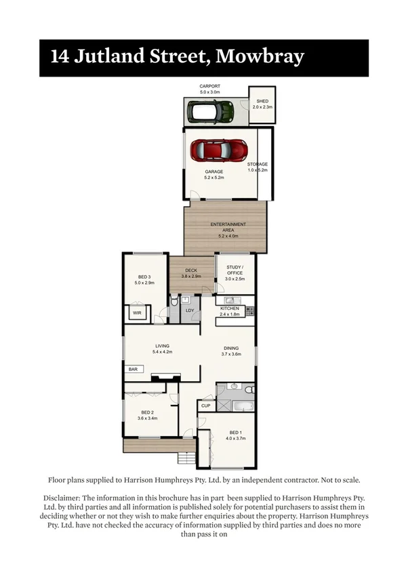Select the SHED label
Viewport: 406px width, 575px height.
point(262,101)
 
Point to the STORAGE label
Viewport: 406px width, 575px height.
point(257,164)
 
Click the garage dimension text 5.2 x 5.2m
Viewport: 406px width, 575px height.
point(214,178)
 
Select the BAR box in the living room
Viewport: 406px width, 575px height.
point(132,370)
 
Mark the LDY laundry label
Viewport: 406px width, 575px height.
point(190,311)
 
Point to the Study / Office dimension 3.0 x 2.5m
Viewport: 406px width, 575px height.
point(235,279)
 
